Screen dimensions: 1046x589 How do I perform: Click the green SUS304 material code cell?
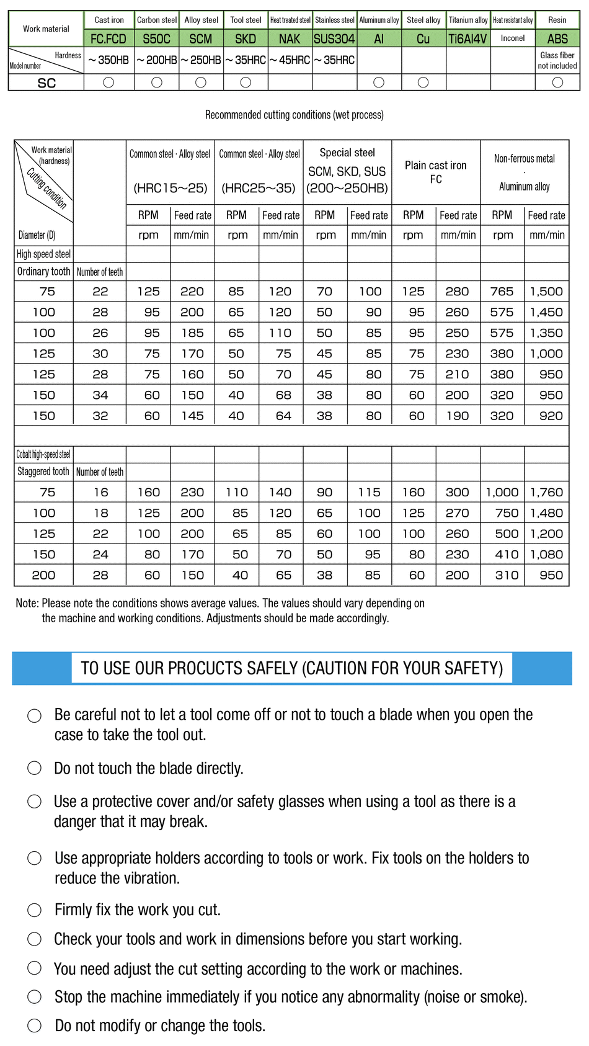click(x=334, y=38)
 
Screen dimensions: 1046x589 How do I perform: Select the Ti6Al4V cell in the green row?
click(x=467, y=38)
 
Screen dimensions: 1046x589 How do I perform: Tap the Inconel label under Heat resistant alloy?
click(x=513, y=38)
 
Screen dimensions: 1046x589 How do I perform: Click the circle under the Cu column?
click(x=423, y=83)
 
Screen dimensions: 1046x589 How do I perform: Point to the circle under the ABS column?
click(x=557, y=83)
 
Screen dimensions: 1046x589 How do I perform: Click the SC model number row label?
click(x=46, y=83)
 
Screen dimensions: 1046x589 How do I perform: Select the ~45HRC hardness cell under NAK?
click(x=290, y=60)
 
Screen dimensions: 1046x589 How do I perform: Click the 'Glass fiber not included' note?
click(x=557, y=60)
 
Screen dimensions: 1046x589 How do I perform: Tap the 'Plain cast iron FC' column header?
click(x=436, y=172)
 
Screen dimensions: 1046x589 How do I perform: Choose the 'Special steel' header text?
click(x=347, y=153)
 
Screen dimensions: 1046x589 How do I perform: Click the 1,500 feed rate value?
click(x=546, y=292)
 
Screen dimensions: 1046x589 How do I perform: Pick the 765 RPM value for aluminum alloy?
click(x=502, y=292)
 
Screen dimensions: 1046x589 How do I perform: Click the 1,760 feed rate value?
click(x=546, y=493)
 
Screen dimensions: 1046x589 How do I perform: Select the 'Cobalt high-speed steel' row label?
click(x=43, y=454)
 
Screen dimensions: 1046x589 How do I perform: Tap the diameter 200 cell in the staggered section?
click(x=43, y=575)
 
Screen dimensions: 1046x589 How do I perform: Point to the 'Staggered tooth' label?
click(x=43, y=472)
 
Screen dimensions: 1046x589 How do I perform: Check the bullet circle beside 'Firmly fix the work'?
click(x=35, y=910)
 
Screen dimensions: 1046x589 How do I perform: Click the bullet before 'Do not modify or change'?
click(x=35, y=1026)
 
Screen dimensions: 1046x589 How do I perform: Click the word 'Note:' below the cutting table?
click(x=27, y=603)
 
